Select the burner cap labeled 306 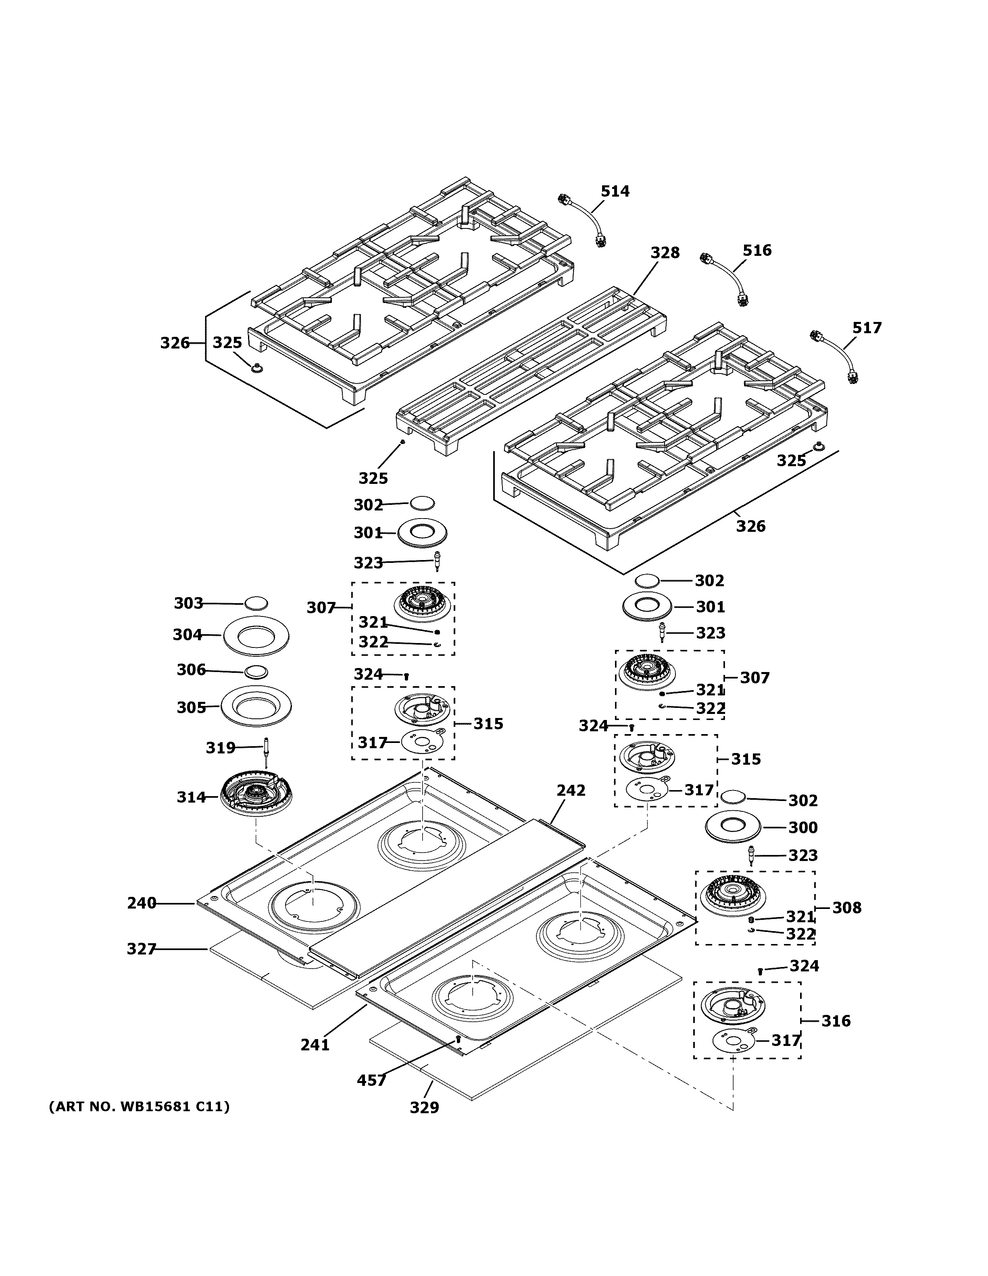point(256,672)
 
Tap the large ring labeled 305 point(256,707)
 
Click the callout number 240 point(142,903)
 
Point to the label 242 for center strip point(571,790)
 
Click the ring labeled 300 point(732,827)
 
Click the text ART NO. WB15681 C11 point(139,1106)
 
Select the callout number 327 point(142,949)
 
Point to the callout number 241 point(315,1045)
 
